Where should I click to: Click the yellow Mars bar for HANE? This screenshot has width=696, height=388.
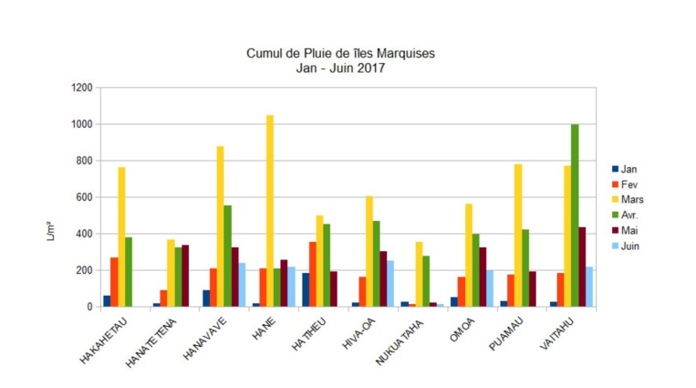[x=270, y=211]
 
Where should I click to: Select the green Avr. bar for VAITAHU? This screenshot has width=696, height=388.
[x=575, y=215]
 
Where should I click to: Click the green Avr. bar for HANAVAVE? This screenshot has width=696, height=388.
[x=227, y=256]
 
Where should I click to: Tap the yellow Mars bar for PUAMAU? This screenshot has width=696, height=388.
[x=518, y=236]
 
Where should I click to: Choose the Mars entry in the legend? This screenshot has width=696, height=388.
[x=632, y=199]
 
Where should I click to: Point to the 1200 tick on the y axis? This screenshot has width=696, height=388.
[x=81, y=88]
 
